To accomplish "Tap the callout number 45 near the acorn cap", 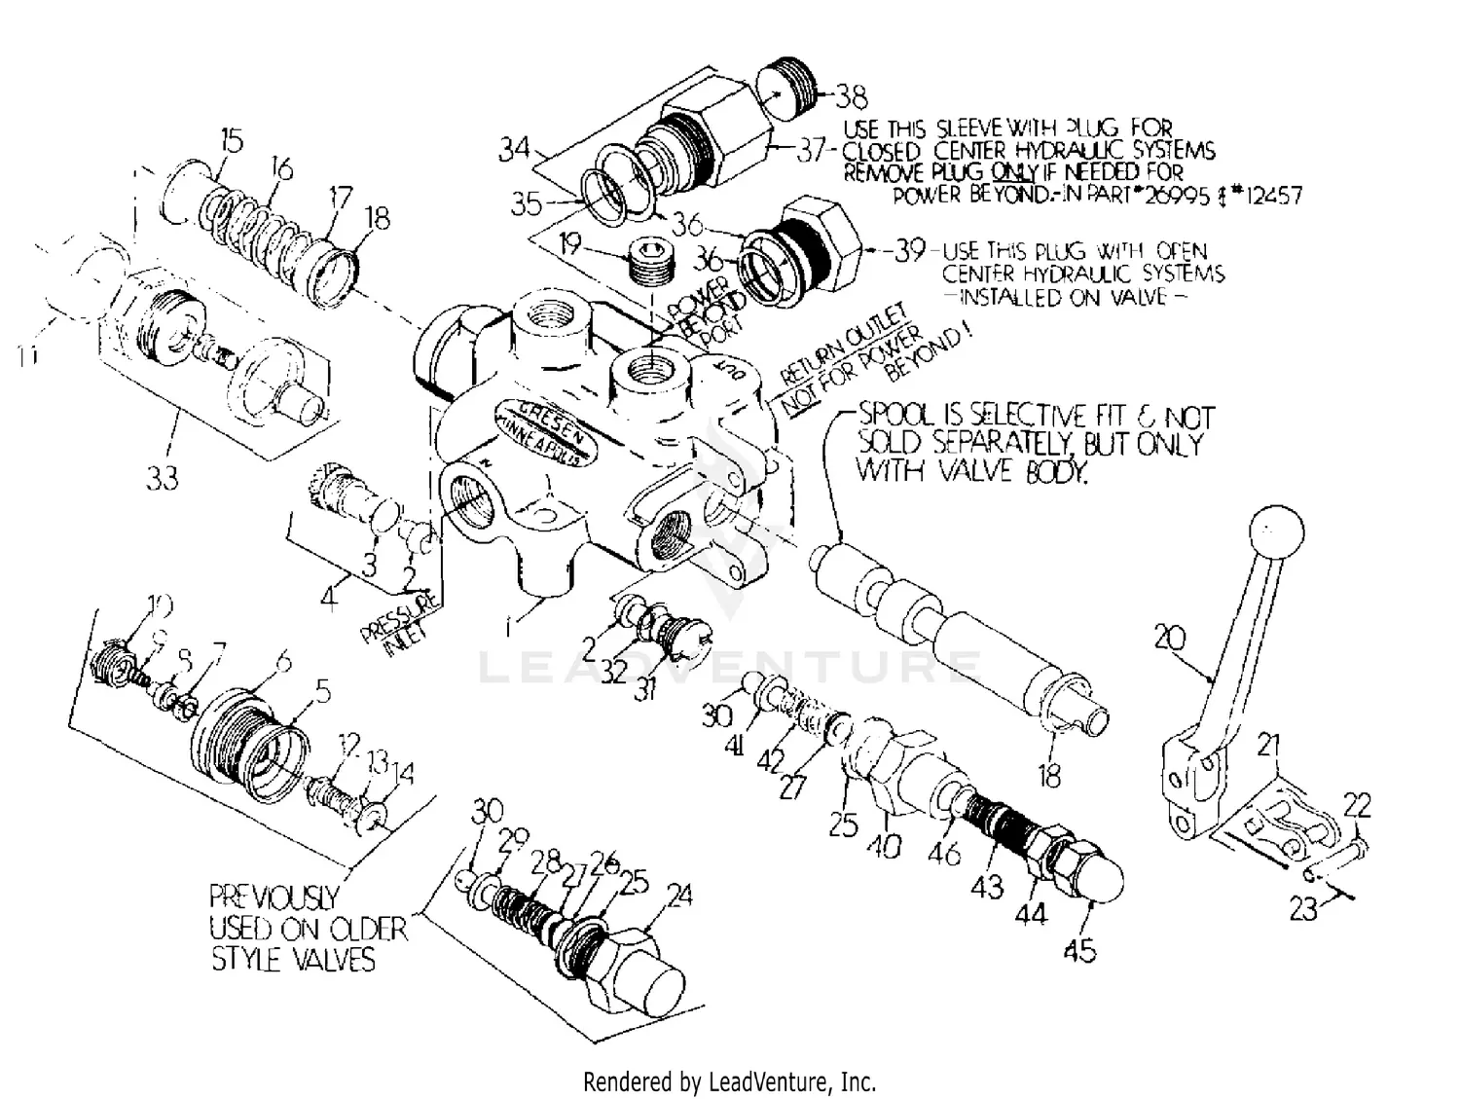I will pos(1080,948).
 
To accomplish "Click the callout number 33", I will pos(164,479).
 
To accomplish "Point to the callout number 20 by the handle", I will pos(1170,639).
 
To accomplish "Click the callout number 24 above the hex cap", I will pos(677,895).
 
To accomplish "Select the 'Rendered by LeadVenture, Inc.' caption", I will pos(729,1081).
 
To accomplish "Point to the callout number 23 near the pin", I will pos(1304,908).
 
